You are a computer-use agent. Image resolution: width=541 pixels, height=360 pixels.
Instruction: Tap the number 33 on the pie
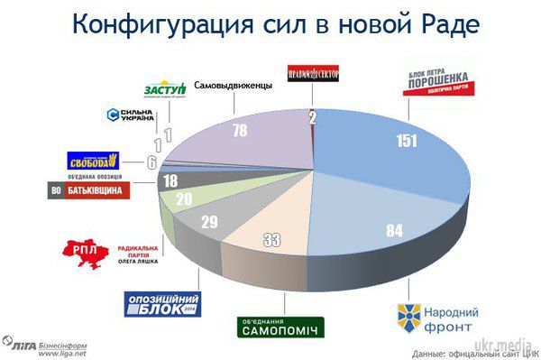click(271, 239)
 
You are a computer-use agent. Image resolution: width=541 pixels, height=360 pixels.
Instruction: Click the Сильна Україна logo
click(131, 115)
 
